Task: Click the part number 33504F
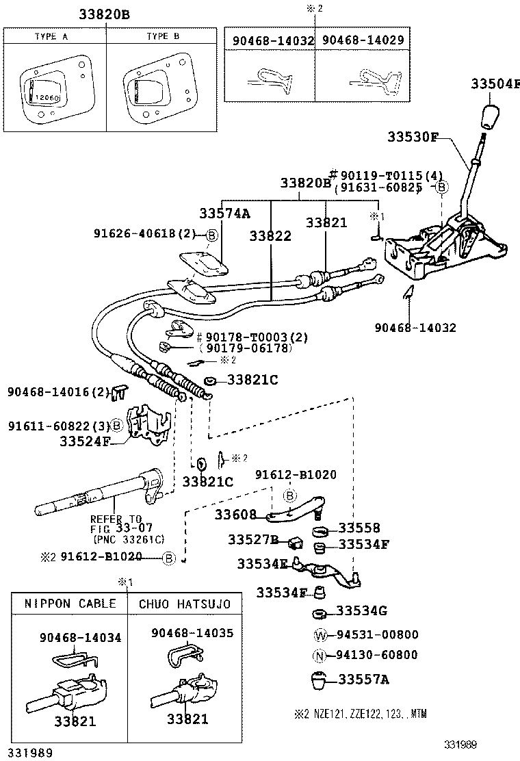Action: [495, 83]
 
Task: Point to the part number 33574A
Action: [224, 213]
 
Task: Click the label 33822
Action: [270, 235]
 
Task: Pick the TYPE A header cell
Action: [55, 36]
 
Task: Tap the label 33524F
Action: [85, 441]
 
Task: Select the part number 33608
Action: [235, 514]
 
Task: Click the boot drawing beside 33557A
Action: [319, 680]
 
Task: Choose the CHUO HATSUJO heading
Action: [185, 604]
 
